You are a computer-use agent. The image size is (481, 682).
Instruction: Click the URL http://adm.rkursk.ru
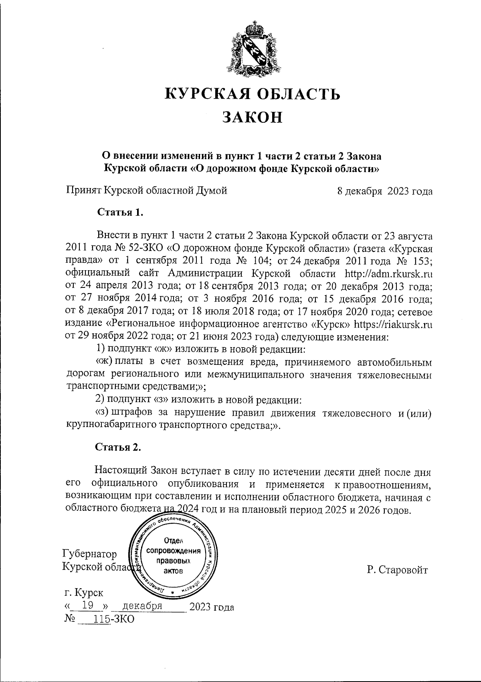(x=388, y=274)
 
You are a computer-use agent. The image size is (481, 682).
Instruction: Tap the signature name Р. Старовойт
(x=397, y=570)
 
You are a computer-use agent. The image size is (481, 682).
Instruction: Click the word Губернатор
(x=90, y=554)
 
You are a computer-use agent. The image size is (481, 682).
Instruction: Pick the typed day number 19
(x=87, y=605)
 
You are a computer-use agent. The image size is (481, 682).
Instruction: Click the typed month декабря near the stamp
(x=143, y=605)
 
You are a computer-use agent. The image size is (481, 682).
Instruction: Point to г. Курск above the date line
(x=83, y=592)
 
